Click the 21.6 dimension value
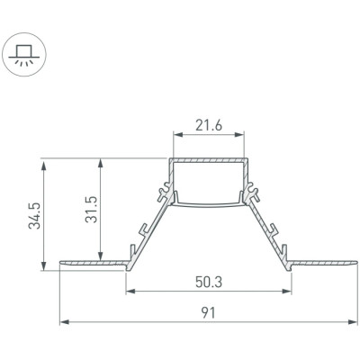point(209,125)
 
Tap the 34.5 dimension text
point(34,216)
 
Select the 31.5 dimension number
point(91,210)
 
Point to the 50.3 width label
point(209,282)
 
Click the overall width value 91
point(208,313)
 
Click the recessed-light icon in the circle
point(24,55)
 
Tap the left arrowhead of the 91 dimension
point(65,322)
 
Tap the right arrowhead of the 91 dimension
point(353,322)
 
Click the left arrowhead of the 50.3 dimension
point(130,291)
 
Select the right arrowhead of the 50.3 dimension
point(286,291)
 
